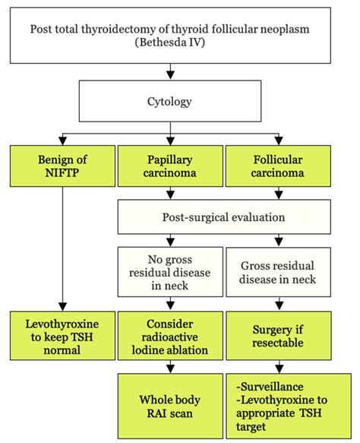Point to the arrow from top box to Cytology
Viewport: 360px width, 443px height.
(x=170, y=72)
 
